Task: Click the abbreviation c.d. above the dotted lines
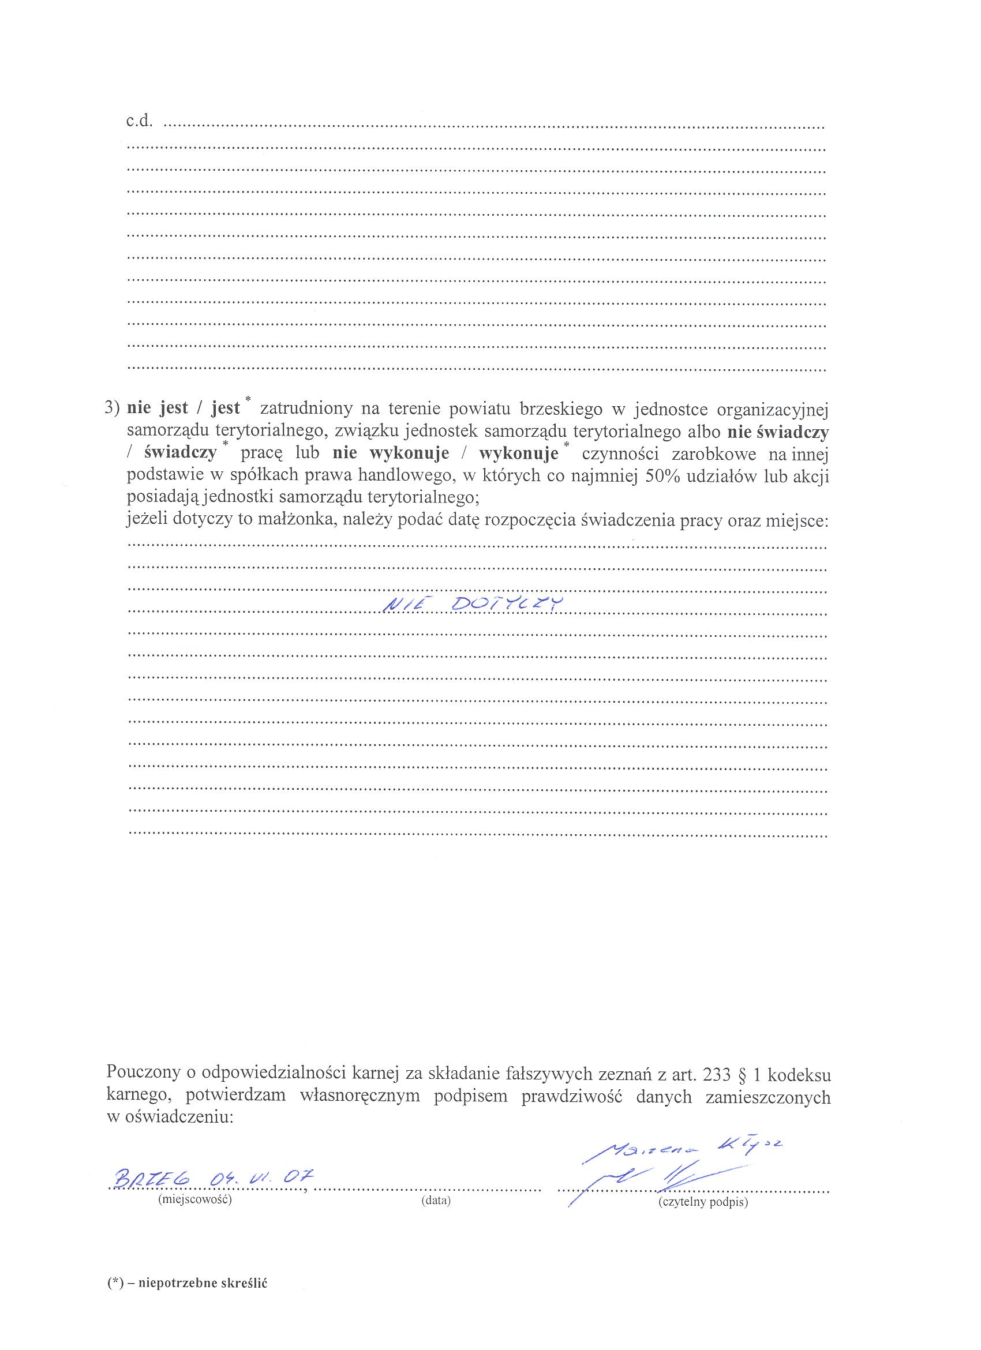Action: tap(139, 123)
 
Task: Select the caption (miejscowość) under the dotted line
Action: tap(194, 1199)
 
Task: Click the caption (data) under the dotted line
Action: tap(436, 1201)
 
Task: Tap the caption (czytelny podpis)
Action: tap(702, 1202)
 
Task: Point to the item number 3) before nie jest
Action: tap(113, 409)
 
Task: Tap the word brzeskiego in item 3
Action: tap(561, 409)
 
